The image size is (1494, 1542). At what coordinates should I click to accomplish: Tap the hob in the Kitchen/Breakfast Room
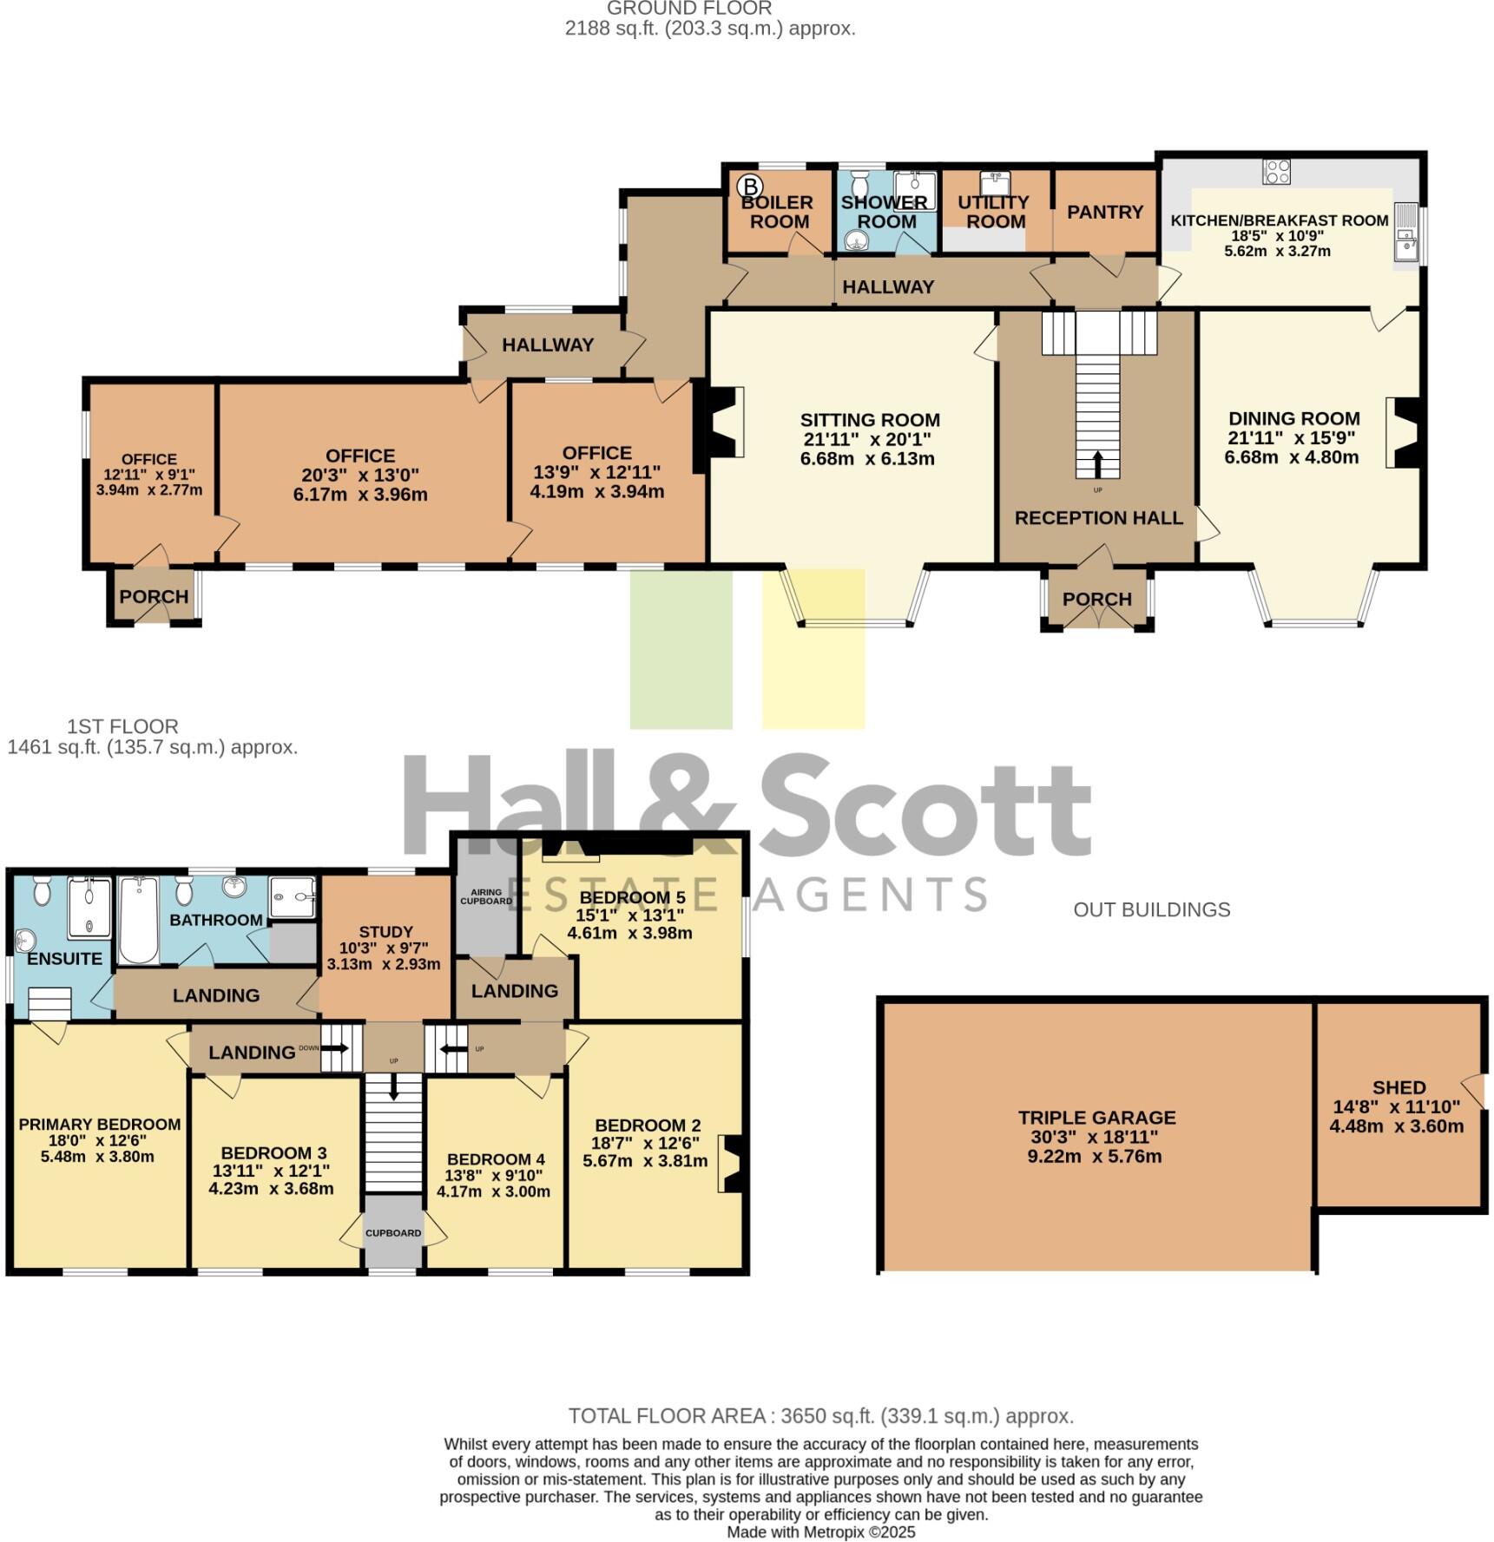1276,171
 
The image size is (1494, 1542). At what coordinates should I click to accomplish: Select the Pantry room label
1104,213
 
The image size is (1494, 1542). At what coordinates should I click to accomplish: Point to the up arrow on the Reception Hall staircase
1097,463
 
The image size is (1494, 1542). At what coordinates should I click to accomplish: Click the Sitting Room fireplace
725,421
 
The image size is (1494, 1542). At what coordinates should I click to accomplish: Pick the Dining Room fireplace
1402,433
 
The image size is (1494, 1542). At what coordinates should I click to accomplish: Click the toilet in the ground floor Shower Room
860,183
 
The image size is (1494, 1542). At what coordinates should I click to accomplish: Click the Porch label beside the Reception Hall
1096,600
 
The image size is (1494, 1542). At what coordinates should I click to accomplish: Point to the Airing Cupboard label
486,896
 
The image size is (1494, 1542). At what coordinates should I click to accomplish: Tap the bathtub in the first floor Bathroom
138,920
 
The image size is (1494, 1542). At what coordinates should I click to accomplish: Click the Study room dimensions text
383,956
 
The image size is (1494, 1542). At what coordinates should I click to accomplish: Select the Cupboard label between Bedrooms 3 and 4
392,1233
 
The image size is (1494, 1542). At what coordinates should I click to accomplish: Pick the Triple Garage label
1096,1118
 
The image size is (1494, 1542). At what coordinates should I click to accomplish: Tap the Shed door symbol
1472,1087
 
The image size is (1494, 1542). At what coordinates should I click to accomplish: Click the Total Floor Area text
820,1416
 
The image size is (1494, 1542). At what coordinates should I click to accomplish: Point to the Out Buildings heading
1151,909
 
